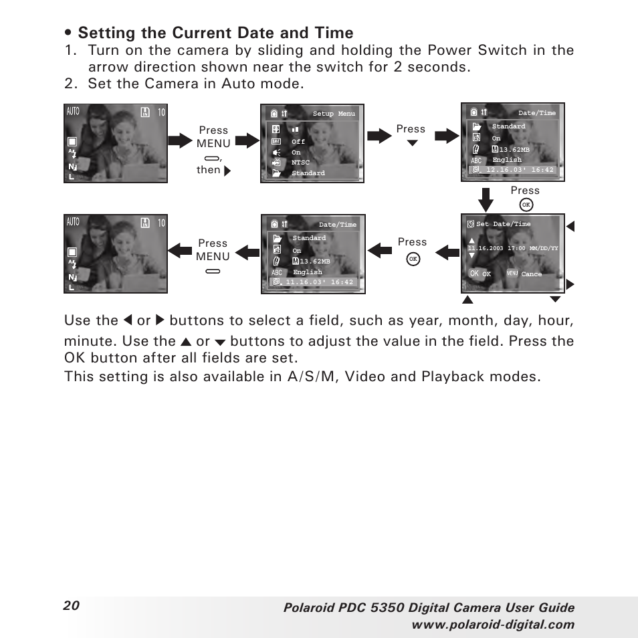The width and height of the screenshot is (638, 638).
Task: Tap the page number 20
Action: coord(72,605)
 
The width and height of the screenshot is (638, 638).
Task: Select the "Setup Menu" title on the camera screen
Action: coord(334,114)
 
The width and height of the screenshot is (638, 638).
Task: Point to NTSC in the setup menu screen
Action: coord(300,163)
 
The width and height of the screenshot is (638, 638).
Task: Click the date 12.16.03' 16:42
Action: coord(520,170)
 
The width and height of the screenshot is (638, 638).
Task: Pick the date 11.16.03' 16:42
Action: coord(319,282)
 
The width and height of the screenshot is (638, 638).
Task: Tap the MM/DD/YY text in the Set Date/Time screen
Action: coord(544,248)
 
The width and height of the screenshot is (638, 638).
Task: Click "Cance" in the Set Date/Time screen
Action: coord(532,274)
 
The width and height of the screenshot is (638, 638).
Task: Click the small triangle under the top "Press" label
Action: coord(412,142)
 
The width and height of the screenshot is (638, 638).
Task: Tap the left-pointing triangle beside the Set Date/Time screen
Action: coord(570,227)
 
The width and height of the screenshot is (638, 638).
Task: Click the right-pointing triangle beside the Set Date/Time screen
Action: coord(570,284)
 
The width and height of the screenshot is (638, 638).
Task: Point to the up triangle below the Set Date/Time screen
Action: coord(469,299)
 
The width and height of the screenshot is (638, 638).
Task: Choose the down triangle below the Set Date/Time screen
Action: coord(554,299)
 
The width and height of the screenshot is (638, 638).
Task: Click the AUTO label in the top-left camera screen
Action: coord(73,112)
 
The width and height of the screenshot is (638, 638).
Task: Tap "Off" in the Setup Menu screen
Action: coord(298,142)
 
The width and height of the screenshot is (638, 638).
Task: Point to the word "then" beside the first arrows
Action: coord(208,170)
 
